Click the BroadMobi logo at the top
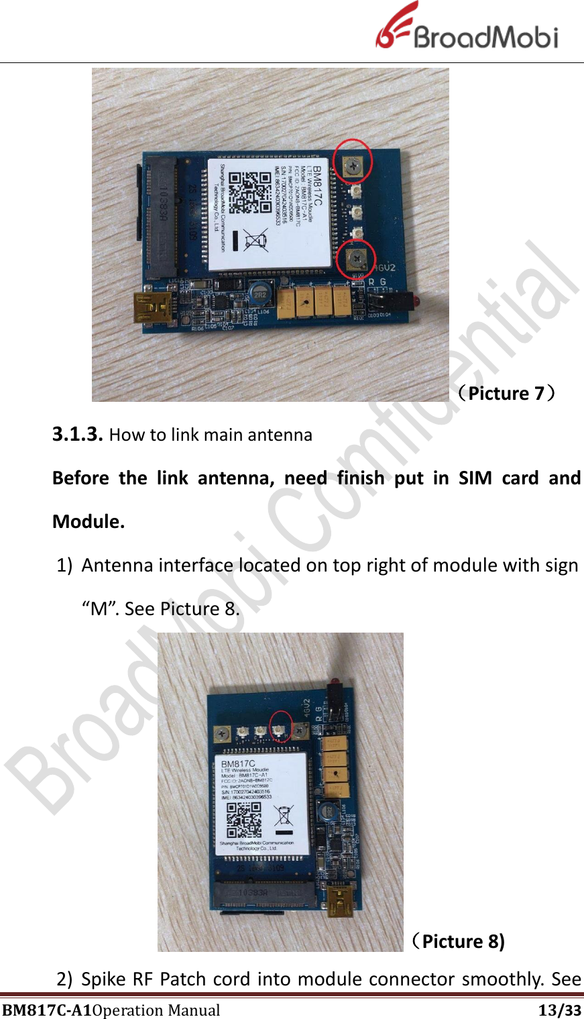[x=467, y=28]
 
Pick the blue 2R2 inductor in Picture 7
[x=259, y=293]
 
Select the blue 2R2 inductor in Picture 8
[x=327, y=812]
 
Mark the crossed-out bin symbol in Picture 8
[x=284, y=814]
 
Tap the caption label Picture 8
[x=458, y=942]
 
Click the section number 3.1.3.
[x=77, y=435]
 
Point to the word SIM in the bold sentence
[x=475, y=478]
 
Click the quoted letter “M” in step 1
[x=100, y=609]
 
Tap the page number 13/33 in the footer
[x=560, y=1010]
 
